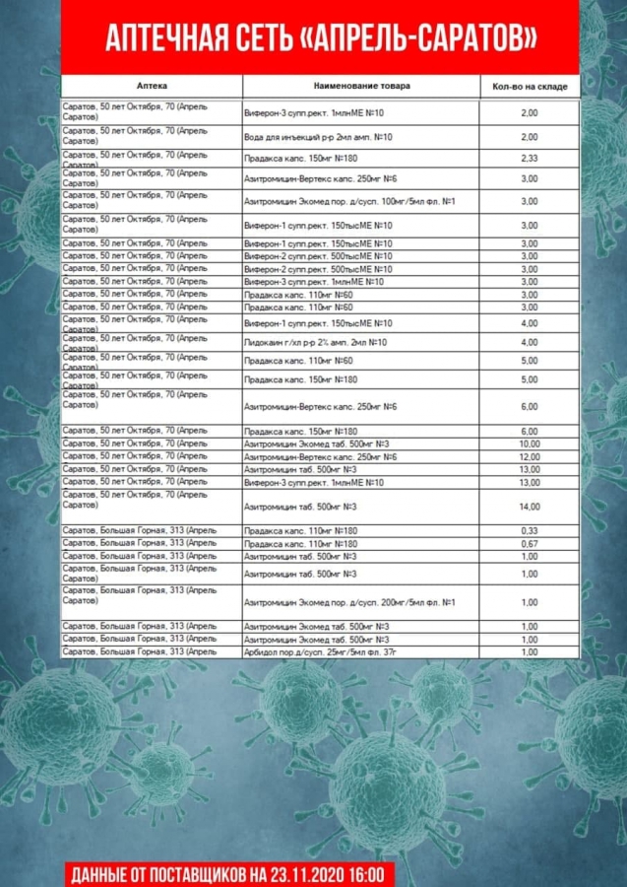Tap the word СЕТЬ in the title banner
tap(259, 38)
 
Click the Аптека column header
tap(152, 87)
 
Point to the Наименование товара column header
tap(362, 87)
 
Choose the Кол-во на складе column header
tap(530, 87)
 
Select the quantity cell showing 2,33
tap(530, 158)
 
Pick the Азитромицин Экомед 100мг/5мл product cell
tap(349, 201)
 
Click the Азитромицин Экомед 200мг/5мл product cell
tap(349, 602)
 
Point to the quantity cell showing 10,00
tap(530, 443)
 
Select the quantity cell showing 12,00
tap(530, 456)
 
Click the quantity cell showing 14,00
tap(530, 507)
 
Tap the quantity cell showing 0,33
tap(530, 531)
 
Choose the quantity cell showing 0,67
tap(530, 544)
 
